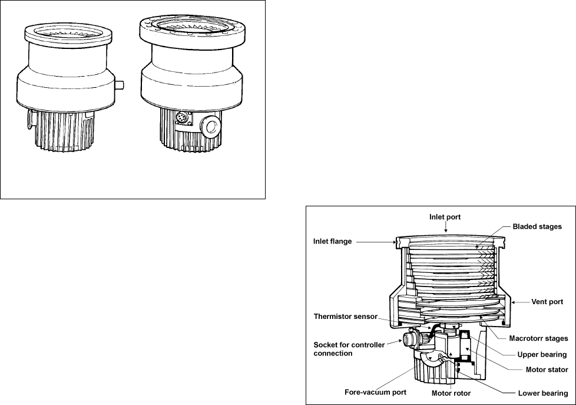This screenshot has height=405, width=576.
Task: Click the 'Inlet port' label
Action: point(445,217)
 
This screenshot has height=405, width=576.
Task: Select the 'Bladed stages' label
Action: point(537,226)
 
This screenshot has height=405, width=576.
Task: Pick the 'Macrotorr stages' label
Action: point(538,338)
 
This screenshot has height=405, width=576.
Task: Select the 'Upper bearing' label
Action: point(542,354)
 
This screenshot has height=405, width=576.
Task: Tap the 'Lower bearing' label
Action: point(542,393)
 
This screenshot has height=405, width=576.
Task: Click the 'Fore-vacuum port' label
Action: point(375,393)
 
